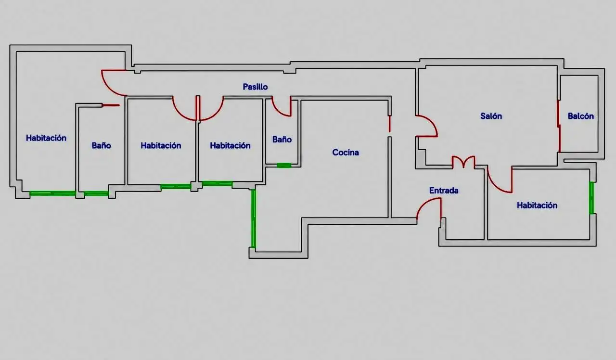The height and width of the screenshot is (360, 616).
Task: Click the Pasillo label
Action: pos(255,87)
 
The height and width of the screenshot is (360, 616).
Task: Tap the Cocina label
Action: pos(346,153)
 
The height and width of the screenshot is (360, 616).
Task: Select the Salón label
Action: pos(491,116)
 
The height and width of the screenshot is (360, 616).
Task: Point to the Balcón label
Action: pos(580,116)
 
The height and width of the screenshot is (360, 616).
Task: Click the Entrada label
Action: pos(444,190)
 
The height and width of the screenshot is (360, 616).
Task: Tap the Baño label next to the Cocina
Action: pos(282,140)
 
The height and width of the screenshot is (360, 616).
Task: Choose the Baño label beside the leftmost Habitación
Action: pos(101,145)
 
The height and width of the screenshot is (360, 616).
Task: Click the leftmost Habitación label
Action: pos(46,138)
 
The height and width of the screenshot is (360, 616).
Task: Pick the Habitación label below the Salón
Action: pos(537,205)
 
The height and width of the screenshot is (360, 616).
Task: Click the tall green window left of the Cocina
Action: pos(253,219)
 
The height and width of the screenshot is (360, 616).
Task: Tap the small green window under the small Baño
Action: pos(284,165)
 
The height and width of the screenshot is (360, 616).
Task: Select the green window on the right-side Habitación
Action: pos(591,198)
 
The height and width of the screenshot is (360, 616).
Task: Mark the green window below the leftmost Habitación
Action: pos(52,193)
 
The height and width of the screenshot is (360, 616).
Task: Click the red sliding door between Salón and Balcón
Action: pos(559,126)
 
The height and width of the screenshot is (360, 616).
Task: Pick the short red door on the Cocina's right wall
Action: pos(390,124)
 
